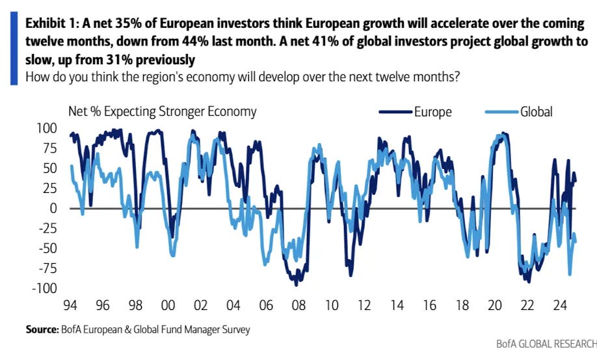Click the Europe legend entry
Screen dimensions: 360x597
pos(432,112)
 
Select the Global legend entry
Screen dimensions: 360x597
pos(536,112)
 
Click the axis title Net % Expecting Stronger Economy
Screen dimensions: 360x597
pos(163,111)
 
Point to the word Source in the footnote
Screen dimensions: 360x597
pos(40,329)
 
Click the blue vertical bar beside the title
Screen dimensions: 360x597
pos(14,50)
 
